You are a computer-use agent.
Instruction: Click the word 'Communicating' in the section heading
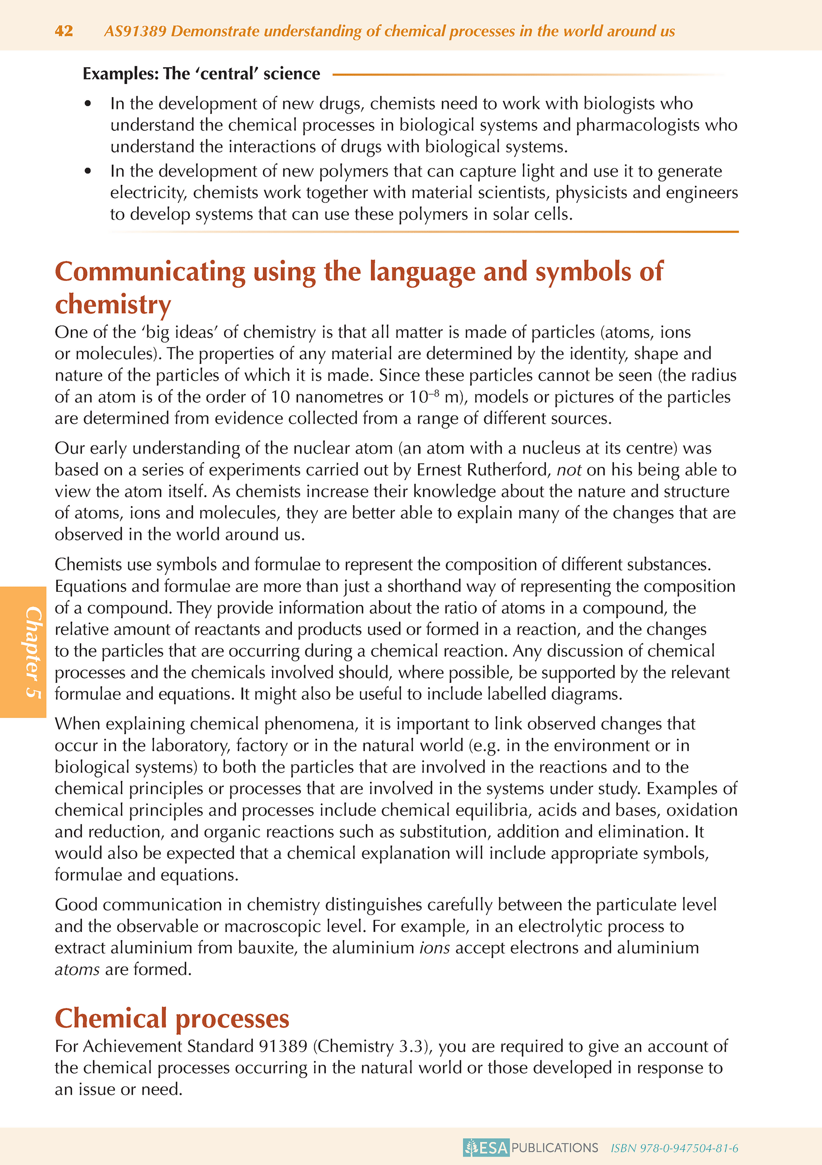(150, 271)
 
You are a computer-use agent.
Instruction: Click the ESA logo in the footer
(486, 1148)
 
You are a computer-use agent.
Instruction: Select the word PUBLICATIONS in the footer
(555, 1148)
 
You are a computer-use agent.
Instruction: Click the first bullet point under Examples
(88, 103)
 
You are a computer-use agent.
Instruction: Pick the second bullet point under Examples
(88, 171)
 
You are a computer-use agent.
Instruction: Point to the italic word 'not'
(569, 470)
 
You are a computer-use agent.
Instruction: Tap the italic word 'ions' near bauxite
(435, 948)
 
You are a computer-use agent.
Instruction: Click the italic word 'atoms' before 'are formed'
(77, 969)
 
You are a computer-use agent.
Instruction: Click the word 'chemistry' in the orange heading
(113, 304)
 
